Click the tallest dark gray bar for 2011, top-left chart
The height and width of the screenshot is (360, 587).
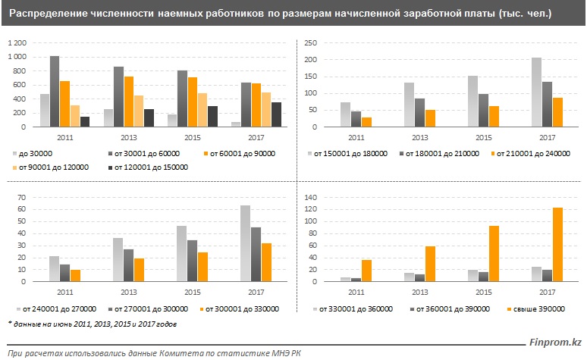pos(55,92)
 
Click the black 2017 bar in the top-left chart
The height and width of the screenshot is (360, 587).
pos(276,114)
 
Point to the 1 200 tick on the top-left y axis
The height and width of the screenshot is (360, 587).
pos(17,43)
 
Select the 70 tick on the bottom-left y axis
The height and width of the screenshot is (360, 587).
pos(22,198)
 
